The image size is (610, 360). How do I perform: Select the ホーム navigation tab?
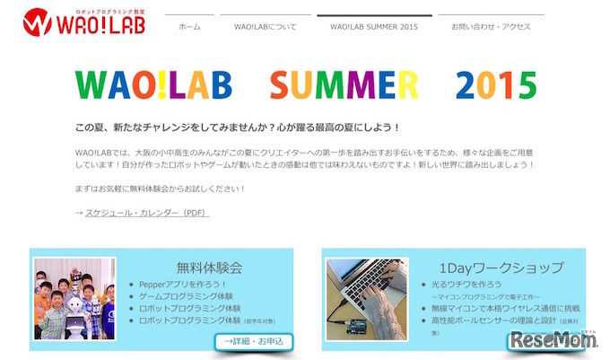(189, 27)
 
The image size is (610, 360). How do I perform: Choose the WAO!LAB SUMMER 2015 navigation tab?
(374, 27)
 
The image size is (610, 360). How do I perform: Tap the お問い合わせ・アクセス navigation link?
(491, 27)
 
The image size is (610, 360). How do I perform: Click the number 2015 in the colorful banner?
(496, 85)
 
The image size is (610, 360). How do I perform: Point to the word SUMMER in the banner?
(344, 85)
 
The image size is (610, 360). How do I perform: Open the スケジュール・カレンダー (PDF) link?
(147, 213)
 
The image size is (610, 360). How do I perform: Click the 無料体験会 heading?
(210, 267)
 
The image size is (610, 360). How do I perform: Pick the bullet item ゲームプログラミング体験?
(187, 295)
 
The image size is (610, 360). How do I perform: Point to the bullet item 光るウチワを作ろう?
(467, 284)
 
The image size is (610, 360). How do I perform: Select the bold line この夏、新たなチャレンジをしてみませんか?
(238, 127)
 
